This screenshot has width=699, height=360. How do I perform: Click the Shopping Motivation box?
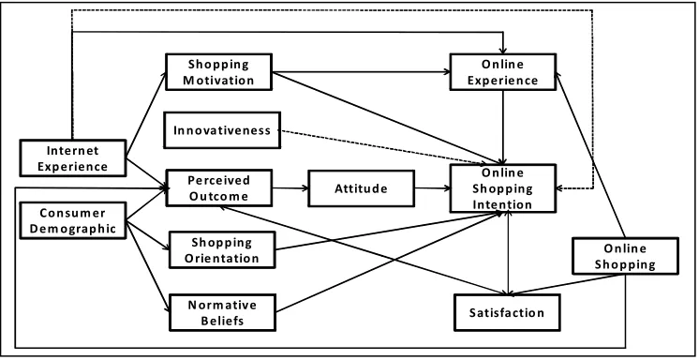[x=218, y=72]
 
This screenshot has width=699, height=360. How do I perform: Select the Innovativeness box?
[x=222, y=130]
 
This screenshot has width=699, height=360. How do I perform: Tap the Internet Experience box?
[x=73, y=157]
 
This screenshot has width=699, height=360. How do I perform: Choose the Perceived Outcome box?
[x=218, y=187]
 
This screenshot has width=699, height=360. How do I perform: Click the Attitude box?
[x=361, y=188]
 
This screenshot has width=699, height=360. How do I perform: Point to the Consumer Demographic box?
[x=73, y=220]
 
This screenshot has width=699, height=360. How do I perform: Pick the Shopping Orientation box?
[x=222, y=249]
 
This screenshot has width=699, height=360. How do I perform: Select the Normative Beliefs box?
[x=222, y=312]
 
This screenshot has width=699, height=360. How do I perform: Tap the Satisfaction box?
[x=507, y=312]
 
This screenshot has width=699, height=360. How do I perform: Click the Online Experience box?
[x=503, y=72]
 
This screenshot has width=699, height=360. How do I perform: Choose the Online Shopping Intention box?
[x=503, y=188]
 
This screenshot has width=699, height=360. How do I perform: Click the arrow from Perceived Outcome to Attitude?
[x=290, y=188]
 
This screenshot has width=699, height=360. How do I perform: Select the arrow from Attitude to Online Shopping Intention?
[x=432, y=188]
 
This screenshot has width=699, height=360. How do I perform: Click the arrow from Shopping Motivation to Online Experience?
[x=361, y=72]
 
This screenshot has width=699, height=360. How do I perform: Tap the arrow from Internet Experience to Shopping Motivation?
[x=146, y=114]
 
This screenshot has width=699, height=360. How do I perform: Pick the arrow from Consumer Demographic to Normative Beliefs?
[x=148, y=266]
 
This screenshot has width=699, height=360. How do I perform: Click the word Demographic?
[x=73, y=229]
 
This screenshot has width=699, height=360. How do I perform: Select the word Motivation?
[x=218, y=81]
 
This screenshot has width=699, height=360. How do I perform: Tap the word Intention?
[x=502, y=204]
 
